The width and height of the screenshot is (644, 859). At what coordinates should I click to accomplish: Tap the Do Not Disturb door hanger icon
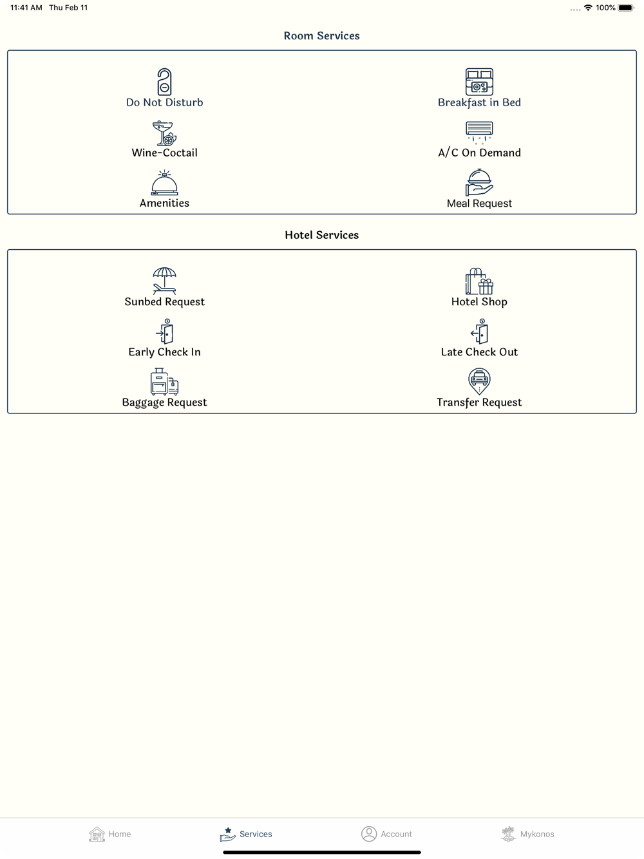tap(164, 82)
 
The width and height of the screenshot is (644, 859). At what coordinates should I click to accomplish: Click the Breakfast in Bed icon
tap(479, 82)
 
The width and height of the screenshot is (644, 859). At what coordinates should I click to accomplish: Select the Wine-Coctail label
tap(164, 153)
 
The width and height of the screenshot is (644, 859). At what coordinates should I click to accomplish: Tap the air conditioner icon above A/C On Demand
tap(479, 133)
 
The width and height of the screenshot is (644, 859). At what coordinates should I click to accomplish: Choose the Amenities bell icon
tap(164, 183)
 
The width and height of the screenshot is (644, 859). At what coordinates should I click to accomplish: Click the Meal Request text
tap(479, 203)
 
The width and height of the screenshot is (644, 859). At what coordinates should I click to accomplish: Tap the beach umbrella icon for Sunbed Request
tap(164, 281)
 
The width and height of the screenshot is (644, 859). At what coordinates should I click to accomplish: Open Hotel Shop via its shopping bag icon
tap(479, 281)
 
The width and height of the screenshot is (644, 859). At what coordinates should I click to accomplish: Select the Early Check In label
tap(164, 352)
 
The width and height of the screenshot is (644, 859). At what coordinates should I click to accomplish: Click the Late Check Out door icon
tap(480, 332)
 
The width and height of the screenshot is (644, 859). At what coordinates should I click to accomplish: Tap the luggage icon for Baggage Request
tap(164, 382)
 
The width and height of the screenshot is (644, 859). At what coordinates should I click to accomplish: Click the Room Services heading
tap(321, 35)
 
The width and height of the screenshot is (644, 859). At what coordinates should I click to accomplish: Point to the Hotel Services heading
tap(321, 235)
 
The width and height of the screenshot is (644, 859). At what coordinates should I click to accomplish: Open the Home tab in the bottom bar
tap(109, 833)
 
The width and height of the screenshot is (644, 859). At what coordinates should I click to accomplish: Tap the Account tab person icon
tap(368, 833)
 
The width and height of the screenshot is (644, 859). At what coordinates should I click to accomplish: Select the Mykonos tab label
tap(537, 834)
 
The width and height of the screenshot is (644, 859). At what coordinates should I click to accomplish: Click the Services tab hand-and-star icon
tap(227, 834)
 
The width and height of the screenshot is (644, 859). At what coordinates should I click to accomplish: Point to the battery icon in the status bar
tap(625, 8)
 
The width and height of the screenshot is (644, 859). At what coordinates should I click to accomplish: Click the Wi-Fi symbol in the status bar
tap(588, 8)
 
